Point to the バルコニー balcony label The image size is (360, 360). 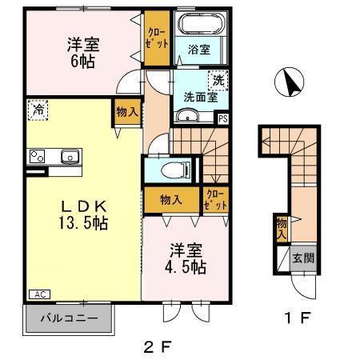click(70, 319)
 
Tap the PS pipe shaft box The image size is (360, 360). click(222, 119)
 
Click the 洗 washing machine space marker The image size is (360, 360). click(217, 80)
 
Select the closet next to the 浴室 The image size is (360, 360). click(156, 38)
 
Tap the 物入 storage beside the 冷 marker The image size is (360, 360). click(126, 113)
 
